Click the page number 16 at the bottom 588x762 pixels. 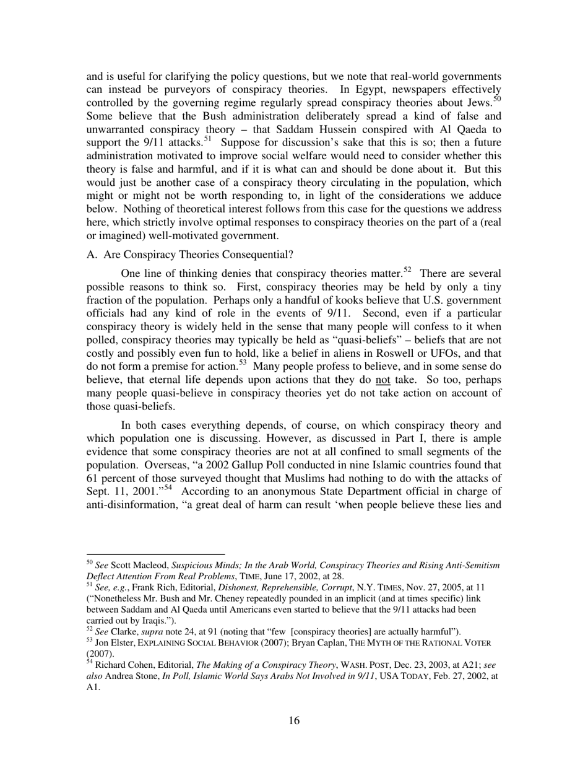293,720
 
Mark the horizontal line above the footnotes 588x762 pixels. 155,554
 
